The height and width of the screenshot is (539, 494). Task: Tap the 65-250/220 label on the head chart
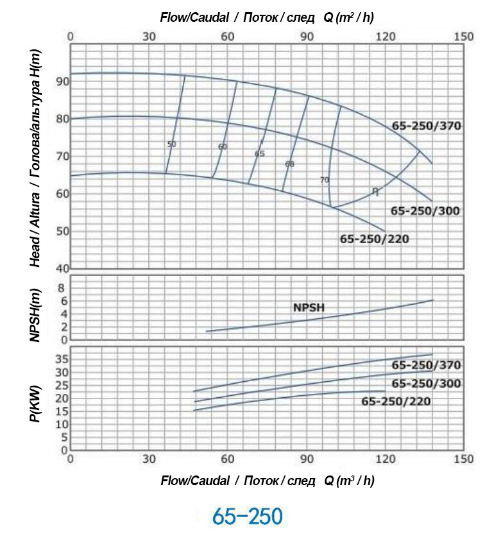click(374, 239)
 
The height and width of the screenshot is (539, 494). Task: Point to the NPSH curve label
click(309, 307)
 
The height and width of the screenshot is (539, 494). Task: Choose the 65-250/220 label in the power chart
click(396, 402)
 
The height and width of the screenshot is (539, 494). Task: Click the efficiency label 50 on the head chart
click(171, 144)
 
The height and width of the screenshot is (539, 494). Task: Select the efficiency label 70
click(324, 180)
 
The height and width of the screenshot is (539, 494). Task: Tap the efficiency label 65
click(259, 154)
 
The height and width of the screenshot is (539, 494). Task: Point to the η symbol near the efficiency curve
click(375, 191)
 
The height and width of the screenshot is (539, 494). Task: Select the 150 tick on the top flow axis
click(463, 37)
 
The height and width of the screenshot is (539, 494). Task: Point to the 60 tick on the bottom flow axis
click(228, 459)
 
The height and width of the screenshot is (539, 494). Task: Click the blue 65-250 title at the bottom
click(247, 517)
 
